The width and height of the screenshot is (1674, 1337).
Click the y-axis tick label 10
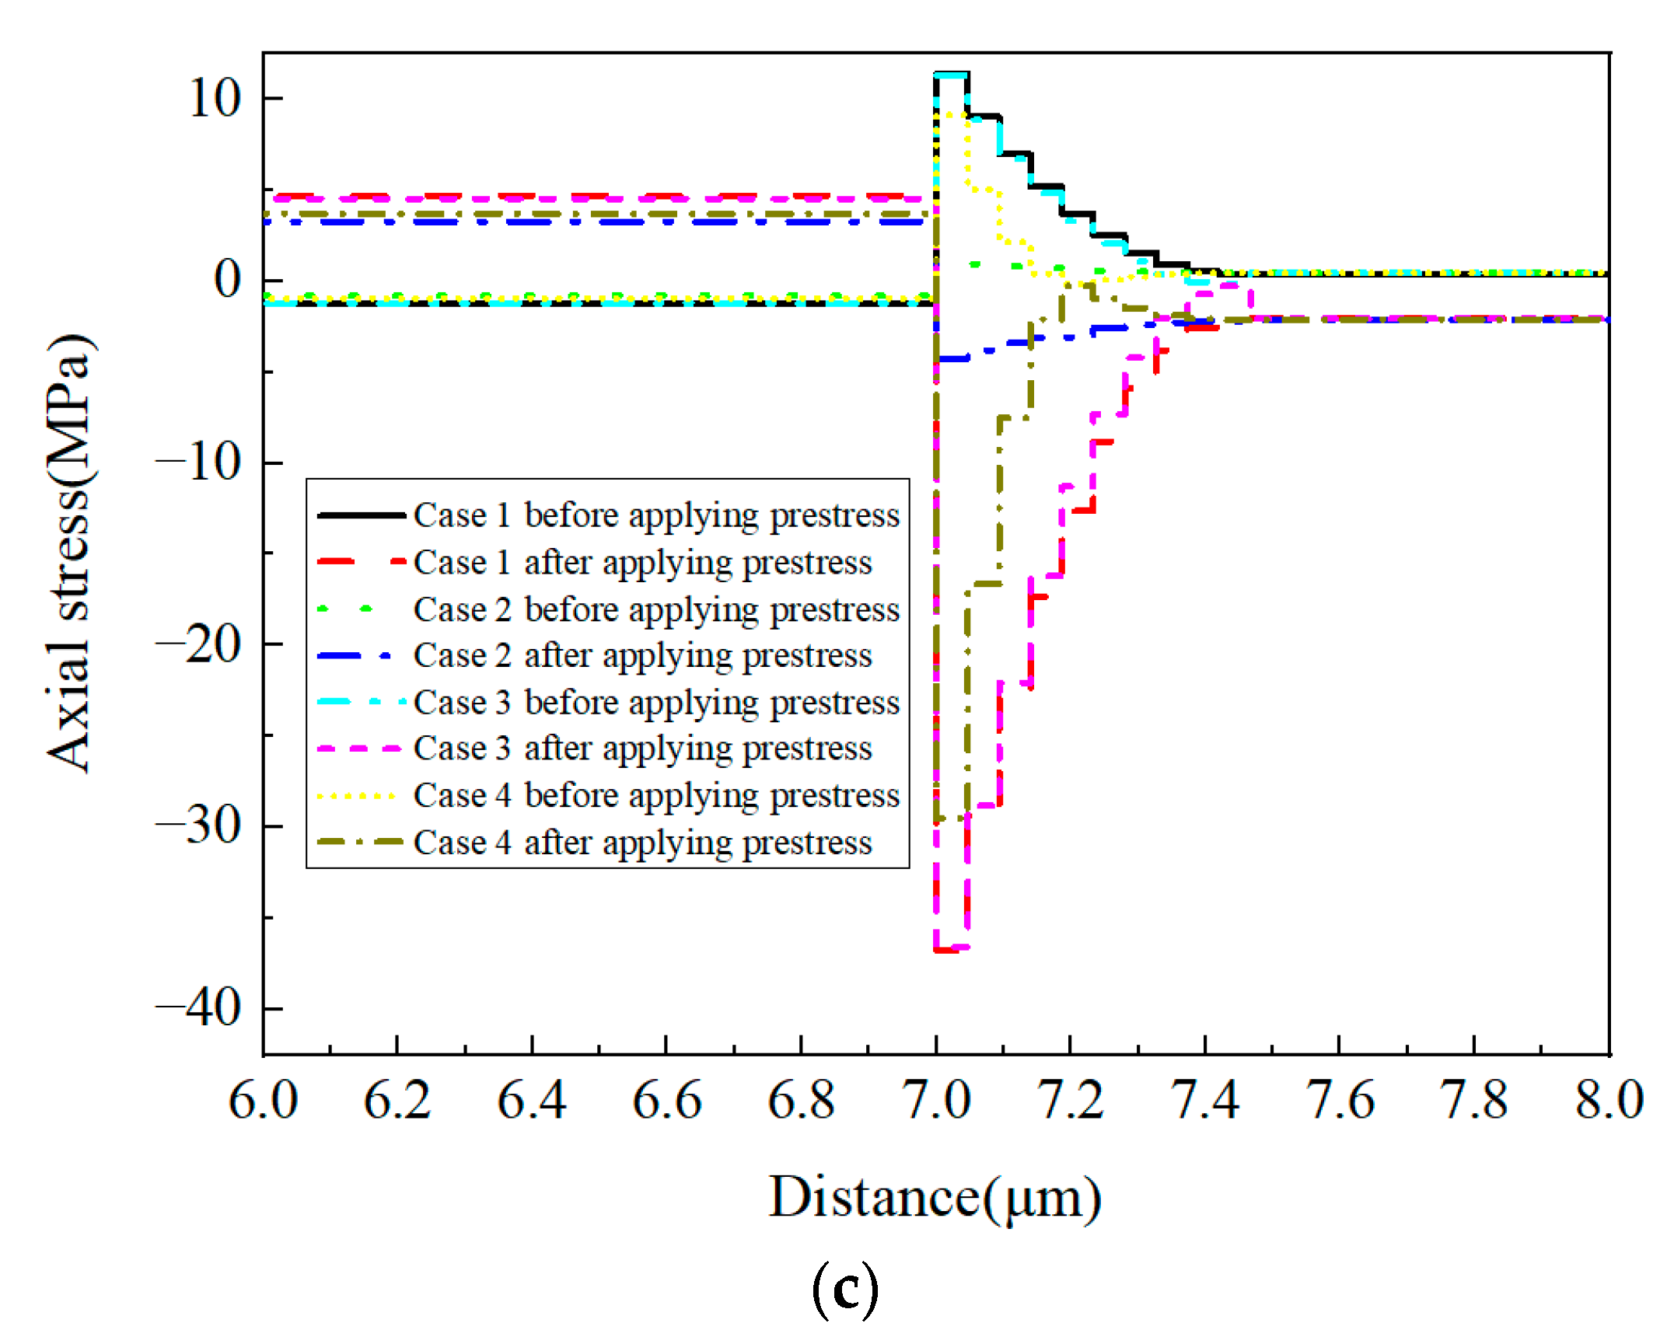pyautogui.click(x=214, y=99)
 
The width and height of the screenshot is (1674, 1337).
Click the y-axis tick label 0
pyautogui.click(x=227, y=280)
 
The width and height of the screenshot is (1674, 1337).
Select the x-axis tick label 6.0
pyautogui.click(x=263, y=1101)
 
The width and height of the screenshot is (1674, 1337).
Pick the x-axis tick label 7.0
pyautogui.click(x=935, y=1101)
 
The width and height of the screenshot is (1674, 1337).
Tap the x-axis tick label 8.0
pyautogui.click(x=1609, y=1101)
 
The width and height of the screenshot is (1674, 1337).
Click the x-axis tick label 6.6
pyautogui.click(x=666, y=1101)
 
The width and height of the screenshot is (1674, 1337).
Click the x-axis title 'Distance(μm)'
pyautogui.click(x=935, y=1198)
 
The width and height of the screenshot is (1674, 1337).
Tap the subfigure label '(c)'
pyautogui.click(x=845, y=1290)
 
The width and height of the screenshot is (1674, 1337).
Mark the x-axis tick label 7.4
pyautogui.click(x=1204, y=1101)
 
